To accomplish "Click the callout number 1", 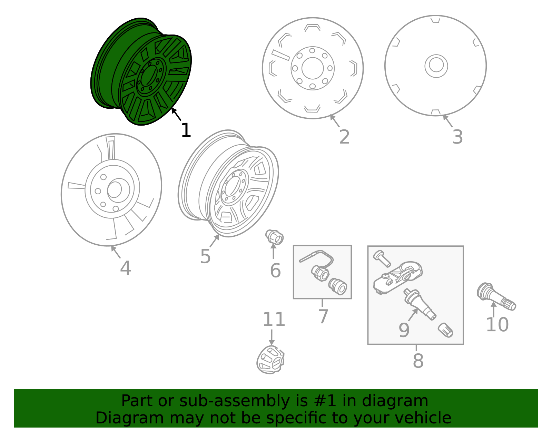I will click(186, 131).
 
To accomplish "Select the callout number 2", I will click(344, 137).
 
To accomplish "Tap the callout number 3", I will click(457, 137).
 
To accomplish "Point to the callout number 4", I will click(125, 268).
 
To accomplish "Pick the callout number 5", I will click(205, 256).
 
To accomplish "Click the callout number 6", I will click(275, 271).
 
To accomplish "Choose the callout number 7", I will click(323, 316).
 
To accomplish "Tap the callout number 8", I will click(418, 361).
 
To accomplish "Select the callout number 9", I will click(404, 330).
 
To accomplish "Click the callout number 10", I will click(497, 325).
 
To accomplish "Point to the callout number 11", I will click(274, 320).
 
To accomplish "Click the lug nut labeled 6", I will click(275, 237).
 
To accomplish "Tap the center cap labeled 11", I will click(270, 360).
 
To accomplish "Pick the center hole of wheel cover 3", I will click(436, 66).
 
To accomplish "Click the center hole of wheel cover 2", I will click(313, 68).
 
